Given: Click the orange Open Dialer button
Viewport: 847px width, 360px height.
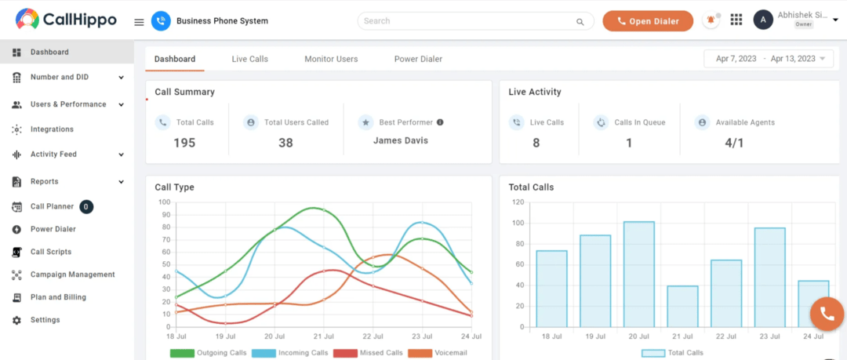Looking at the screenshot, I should pyautogui.click(x=648, y=21).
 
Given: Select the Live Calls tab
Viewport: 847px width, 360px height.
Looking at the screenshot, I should pyautogui.click(x=249, y=59).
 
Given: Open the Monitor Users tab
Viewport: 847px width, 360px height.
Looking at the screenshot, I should pyautogui.click(x=331, y=59).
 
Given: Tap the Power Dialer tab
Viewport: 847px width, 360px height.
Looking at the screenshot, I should pyautogui.click(x=418, y=59).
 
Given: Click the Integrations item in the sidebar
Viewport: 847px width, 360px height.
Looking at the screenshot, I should pyautogui.click(x=52, y=129).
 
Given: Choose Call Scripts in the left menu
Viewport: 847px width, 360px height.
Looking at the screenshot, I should pyautogui.click(x=51, y=252).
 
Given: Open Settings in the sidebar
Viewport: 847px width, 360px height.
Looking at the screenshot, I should pyautogui.click(x=45, y=320).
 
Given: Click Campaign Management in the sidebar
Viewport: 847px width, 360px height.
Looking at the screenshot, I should pyautogui.click(x=72, y=275).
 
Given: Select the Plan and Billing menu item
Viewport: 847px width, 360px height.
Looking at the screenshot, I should pyautogui.click(x=58, y=297).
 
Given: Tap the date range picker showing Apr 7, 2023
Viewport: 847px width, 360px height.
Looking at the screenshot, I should pyautogui.click(x=769, y=59).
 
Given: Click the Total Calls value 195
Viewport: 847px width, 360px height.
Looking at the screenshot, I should pyautogui.click(x=184, y=143).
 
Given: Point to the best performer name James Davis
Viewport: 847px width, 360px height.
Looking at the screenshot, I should pyautogui.click(x=400, y=141).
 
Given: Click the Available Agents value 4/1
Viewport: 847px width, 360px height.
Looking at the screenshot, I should pyautogui.click(x=734, y=143).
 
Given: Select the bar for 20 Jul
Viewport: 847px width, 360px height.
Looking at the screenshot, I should pyautogui.click(x=639, y=274).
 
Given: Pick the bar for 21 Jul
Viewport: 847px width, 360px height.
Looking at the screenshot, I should pyautogui.click(x=682, y=306).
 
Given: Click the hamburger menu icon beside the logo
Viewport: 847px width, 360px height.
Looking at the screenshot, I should pyautogui.click(x=139, y=22).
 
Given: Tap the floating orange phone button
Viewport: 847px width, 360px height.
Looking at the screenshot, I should pyautogui.click(x=827, y=314).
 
